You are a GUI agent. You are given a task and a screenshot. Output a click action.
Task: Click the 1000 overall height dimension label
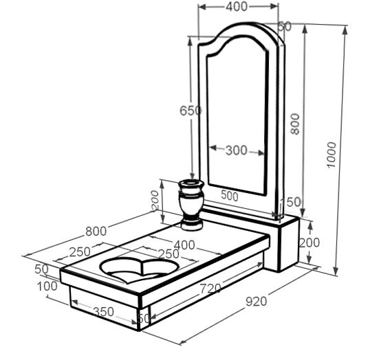pyautogui.click(x=332, y=155)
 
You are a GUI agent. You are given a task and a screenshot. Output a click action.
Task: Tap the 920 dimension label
pyautogui.click(x=256, y=302)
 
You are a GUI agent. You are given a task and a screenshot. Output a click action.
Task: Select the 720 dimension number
pyautogui.click(x=210, y=289)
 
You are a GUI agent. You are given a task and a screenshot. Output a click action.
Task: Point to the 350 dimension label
pyautogui.click(x=103, y=312)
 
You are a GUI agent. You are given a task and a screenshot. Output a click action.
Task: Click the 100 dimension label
pyautogui.click(x=47, y=286)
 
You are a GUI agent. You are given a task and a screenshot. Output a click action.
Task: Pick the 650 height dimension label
pyautogui.click(x=191, y=111)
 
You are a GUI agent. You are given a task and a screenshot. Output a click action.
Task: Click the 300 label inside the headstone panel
pyautogui.click(x=237, y=150)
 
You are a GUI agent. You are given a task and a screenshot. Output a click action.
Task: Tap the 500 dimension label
pyautogui.click(x=230, y=196)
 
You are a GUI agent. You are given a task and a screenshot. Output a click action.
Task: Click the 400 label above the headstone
pyautogui.click(x=237, y=7)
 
